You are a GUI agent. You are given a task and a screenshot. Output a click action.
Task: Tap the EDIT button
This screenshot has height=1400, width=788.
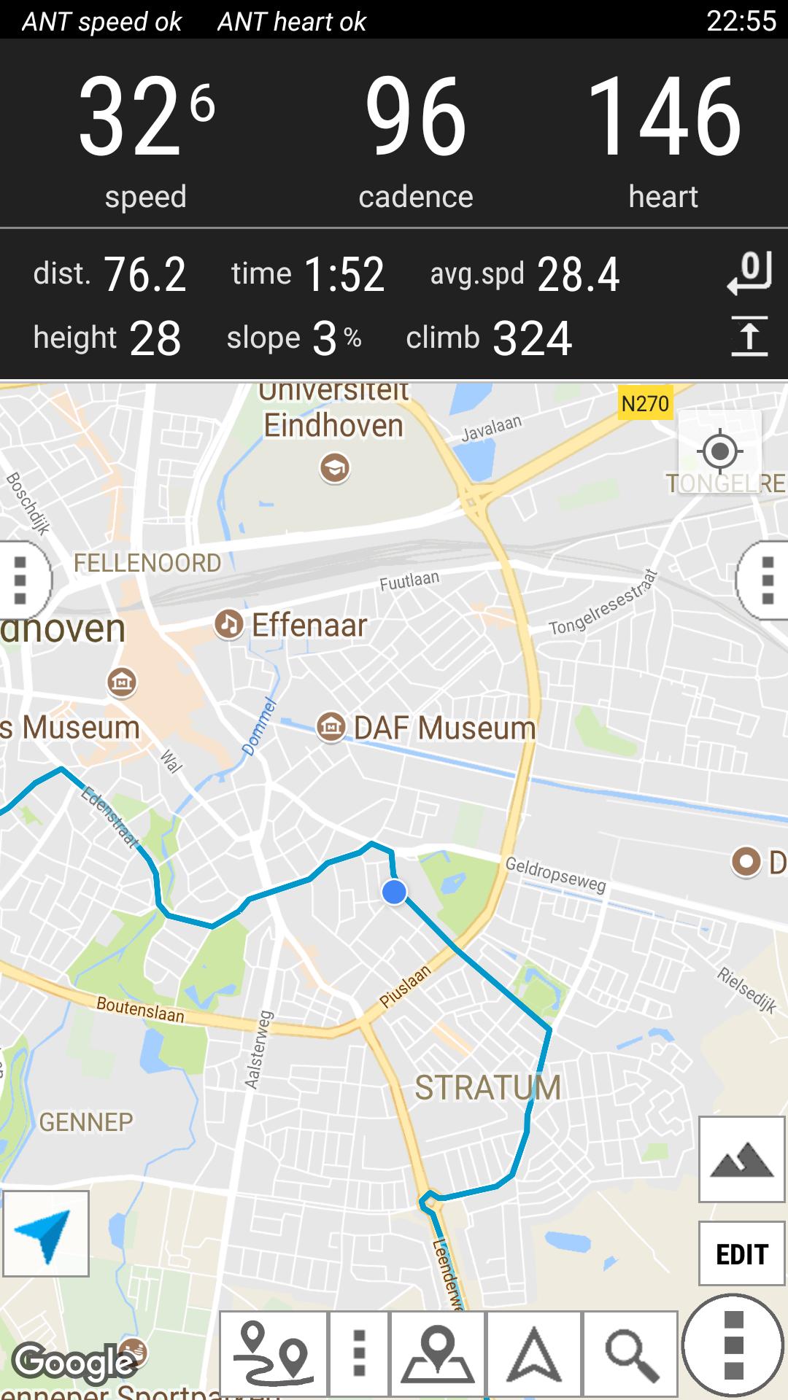click(741, 1255)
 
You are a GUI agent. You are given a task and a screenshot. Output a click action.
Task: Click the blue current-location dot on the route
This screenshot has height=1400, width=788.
click(394, 891)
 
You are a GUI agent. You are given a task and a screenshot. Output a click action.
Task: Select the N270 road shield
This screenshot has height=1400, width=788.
click(645, 403)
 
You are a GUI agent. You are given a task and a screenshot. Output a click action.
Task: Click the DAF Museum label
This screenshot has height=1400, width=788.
click(444, 728)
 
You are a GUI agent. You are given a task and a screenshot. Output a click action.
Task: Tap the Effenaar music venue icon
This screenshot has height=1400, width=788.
click(228, 625)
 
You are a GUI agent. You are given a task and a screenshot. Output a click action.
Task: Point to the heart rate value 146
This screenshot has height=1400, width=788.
click(663, 117)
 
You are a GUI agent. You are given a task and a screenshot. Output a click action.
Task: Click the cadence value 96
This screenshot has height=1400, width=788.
click(415, 117)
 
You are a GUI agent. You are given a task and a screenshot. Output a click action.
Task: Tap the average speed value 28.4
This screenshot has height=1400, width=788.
click(578, 275)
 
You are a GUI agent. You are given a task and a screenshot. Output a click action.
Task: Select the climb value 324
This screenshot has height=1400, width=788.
click(532, 338)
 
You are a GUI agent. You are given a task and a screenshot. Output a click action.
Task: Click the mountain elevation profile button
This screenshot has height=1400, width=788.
click(741, 1159)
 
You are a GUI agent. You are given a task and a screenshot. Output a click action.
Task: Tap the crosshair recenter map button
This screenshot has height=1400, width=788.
click(719, 451)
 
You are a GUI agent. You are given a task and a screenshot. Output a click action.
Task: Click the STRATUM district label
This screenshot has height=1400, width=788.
click(487, 1087)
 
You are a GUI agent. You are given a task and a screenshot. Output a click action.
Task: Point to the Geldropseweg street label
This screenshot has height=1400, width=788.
click(555, 874)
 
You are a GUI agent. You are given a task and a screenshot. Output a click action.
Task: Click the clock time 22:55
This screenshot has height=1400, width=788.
click(741, 21)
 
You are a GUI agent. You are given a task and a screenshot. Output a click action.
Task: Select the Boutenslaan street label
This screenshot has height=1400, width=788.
click(140, 1009)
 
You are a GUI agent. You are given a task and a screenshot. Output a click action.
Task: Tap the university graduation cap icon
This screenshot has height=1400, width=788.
click(335, 467)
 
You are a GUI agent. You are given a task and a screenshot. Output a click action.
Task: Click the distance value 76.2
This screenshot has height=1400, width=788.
click(144, 275)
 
